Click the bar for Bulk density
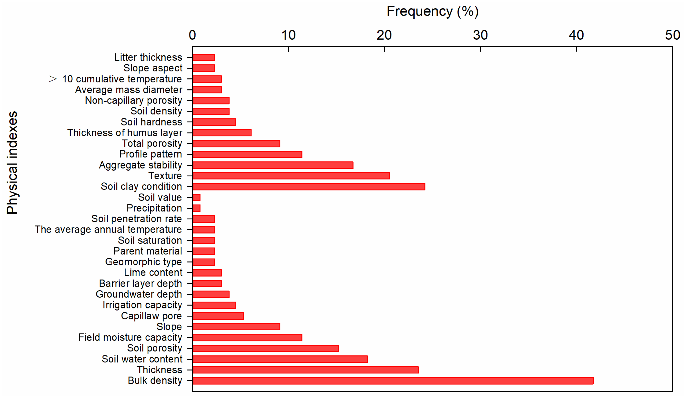coord(392,380)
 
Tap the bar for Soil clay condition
coord(309,187)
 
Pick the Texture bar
coord(291,176)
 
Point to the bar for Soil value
coord(196,197)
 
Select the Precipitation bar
coord(196,208)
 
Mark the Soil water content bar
coord(280,359)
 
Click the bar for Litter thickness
coord(204,57)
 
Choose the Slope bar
coord(236,327)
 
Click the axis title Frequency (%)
coord(432,11)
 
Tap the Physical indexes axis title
coord(12,163)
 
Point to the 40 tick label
coord(576,35)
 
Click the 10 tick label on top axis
coord(288,35)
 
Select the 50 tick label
coord(672,35)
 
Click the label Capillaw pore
coord(151,316)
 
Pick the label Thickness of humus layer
coord(125,132)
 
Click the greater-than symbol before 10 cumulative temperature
coord(53,79)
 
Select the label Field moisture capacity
coord(130,337)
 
